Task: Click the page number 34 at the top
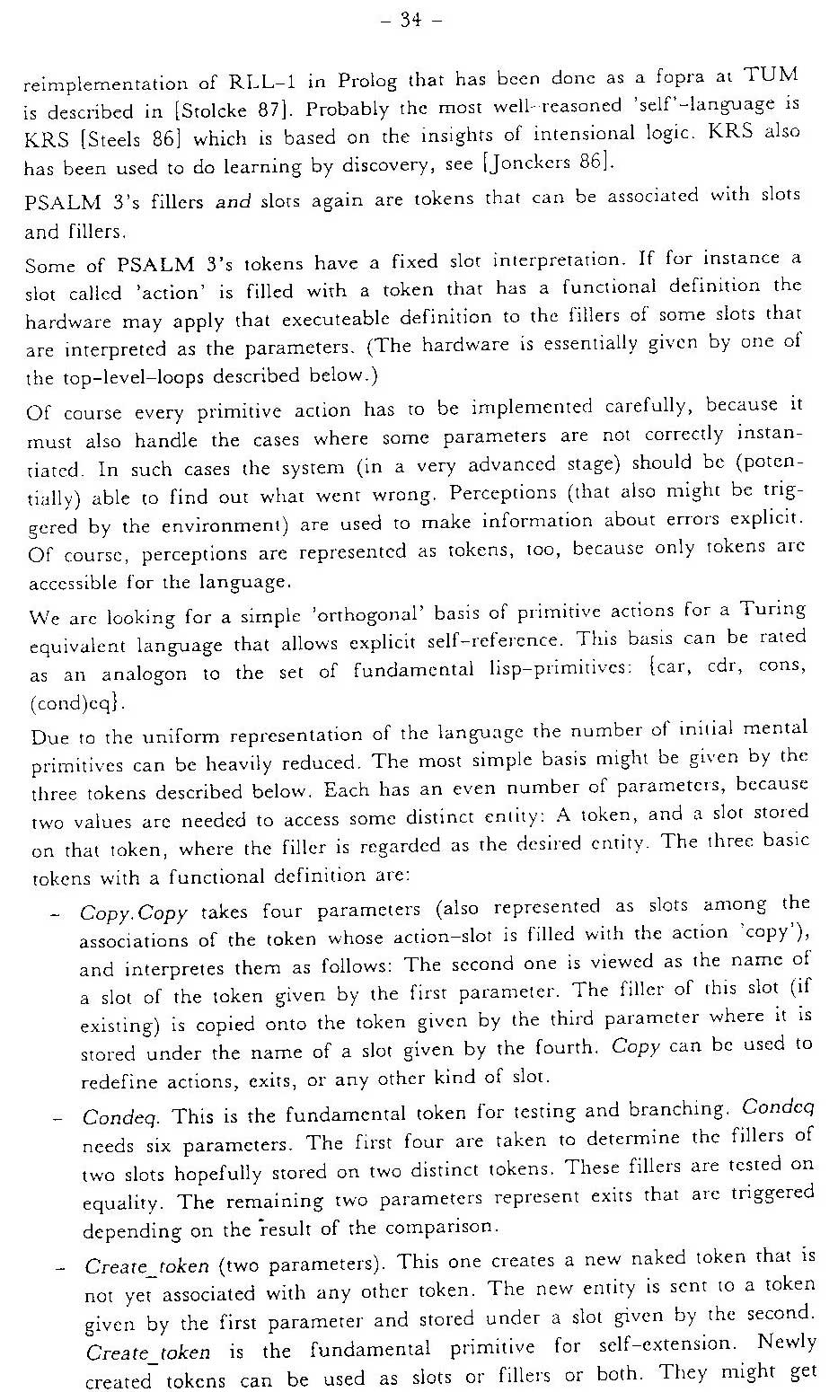[x=411, y=19]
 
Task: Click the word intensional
[x=608, y=133]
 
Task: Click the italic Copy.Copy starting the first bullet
[x=134, y=913]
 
